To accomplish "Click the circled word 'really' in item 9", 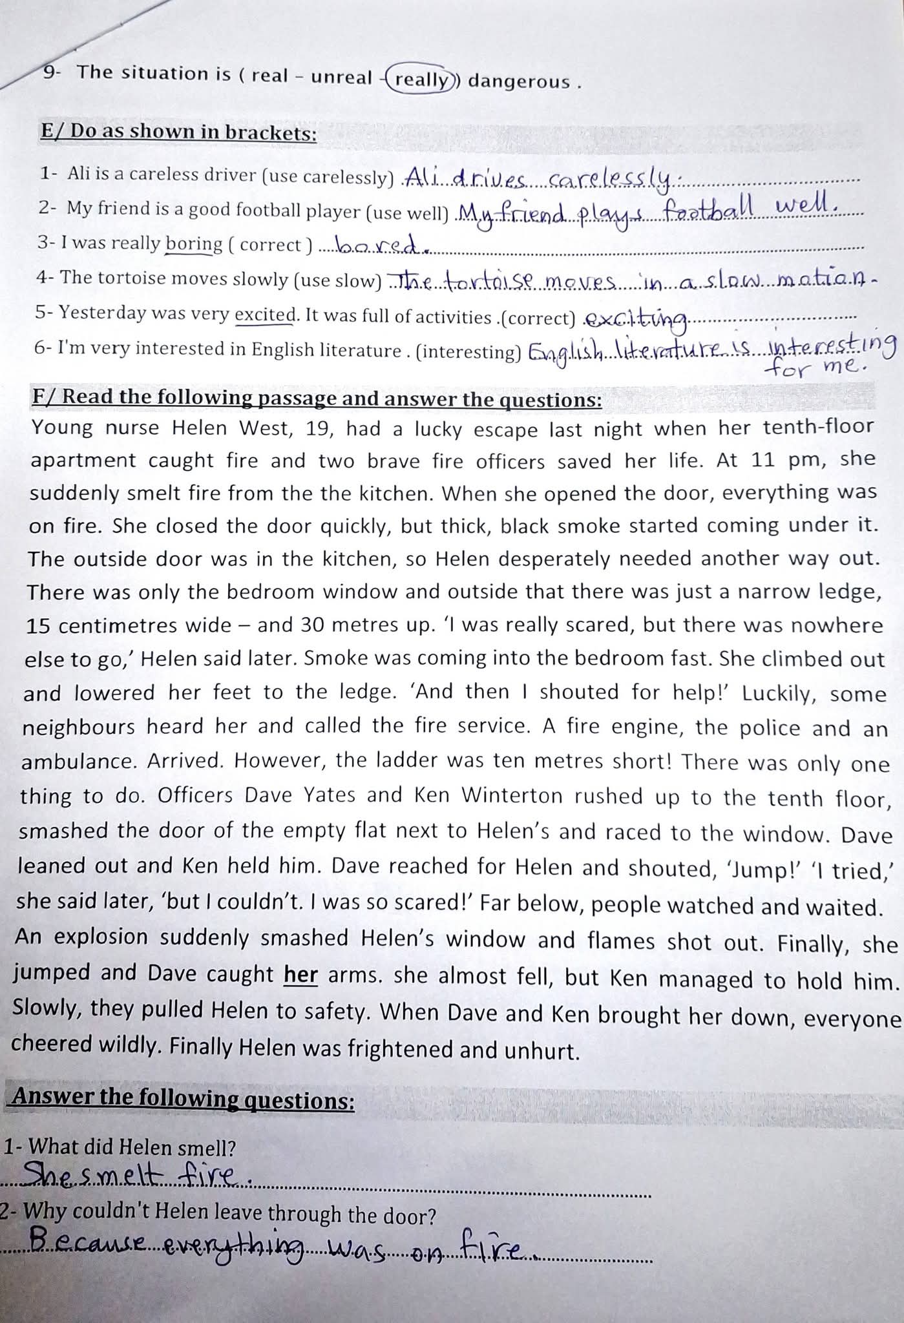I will (x=421, y=79).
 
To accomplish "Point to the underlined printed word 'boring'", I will (x=194, y=244).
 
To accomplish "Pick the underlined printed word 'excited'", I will (x=264, y=315).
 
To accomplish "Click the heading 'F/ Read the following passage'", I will (x=317, y=399).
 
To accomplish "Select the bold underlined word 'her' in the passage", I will (x=300, y=974).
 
